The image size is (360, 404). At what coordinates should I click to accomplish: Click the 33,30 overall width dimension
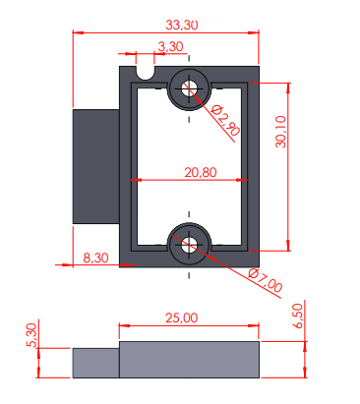coord(182,25)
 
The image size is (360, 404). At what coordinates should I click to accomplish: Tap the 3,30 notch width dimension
coord(170,46)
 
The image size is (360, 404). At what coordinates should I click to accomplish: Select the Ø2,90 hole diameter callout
coord(225,120)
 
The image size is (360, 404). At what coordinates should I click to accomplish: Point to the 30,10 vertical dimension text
coord(281,132)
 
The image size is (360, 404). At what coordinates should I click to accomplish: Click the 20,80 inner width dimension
coord(201,172)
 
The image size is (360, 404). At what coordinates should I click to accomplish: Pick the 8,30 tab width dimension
coord(95,258)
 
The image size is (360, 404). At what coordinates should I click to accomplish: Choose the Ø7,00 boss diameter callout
coord(265,280)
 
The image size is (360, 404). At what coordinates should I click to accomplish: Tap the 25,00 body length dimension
coord(181,317)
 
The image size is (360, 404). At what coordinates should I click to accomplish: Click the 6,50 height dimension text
coord(298,316)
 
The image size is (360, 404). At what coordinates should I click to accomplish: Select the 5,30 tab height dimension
coord(31,335)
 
